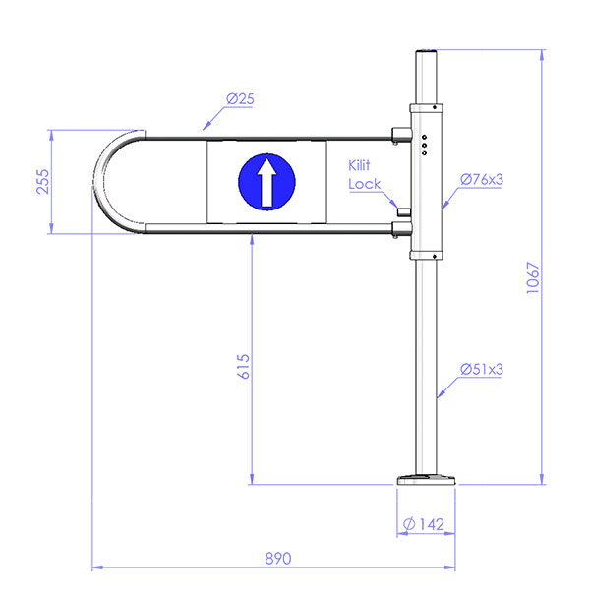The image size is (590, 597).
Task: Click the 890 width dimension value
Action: (x=278, y=559)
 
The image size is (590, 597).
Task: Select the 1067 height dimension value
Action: (x=533, y=277)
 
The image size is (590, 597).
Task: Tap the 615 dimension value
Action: (x=244, y=366)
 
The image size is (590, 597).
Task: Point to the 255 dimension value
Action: (x=43, y=182)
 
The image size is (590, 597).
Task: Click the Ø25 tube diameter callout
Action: (x=240, y=99)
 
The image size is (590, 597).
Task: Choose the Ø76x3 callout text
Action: (x=482, y=179)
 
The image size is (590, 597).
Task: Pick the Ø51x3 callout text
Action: (x=482, y=369)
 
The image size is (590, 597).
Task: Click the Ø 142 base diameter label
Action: (x=424, y=524)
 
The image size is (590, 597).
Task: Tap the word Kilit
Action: (x=359, y=165)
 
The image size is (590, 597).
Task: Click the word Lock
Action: (x=364, y=184)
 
